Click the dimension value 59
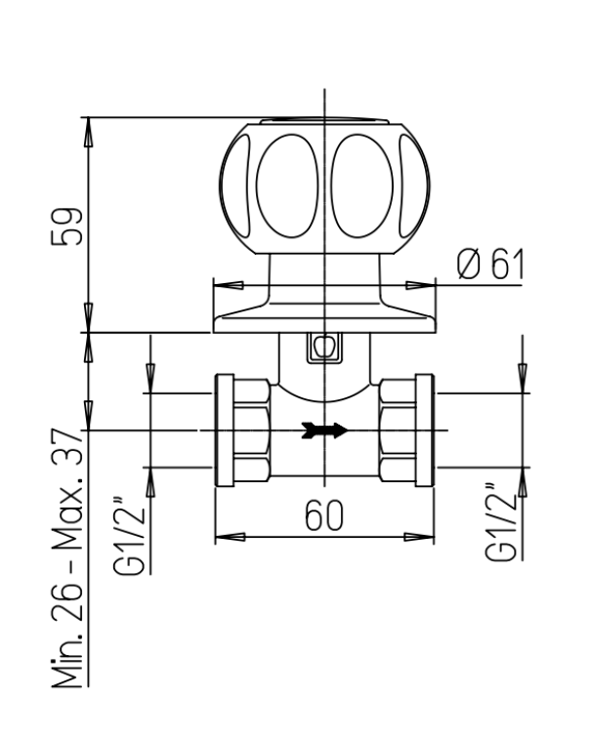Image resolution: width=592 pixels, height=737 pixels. [66, 226]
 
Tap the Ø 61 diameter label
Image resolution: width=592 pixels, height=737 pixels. [490, 265]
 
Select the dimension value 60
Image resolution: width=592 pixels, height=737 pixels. [324, 515]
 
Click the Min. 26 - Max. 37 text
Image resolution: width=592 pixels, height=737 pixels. [66, 557]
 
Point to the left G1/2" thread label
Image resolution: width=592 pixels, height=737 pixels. [128, 535]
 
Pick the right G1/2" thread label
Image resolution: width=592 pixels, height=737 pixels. [501, 521]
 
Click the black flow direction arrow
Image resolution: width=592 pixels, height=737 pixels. [324, 430]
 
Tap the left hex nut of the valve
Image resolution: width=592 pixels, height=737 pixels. [252, 430]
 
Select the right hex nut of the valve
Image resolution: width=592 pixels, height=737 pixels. [398, 430]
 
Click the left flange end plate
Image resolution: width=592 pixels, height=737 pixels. [225, 430]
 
